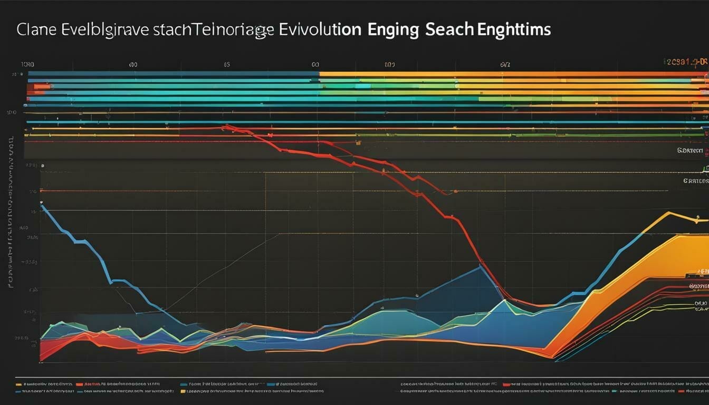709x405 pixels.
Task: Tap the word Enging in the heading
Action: [x=390, y=30]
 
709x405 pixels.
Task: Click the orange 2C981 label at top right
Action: [x=678, y=62]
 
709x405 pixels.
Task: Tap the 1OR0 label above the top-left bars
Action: [x=27, y=64]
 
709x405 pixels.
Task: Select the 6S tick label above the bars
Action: [x=226, y=65]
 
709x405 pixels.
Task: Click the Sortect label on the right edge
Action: [x=690, y=151]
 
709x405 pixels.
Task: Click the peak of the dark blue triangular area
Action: [x=480, y=267]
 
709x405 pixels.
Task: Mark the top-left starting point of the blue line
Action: [x=42, y=206]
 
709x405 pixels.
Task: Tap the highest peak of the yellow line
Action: [x=668, y=213]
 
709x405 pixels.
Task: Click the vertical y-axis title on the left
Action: [x=11, y=211]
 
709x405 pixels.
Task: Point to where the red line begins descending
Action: [x=224, y=127]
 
